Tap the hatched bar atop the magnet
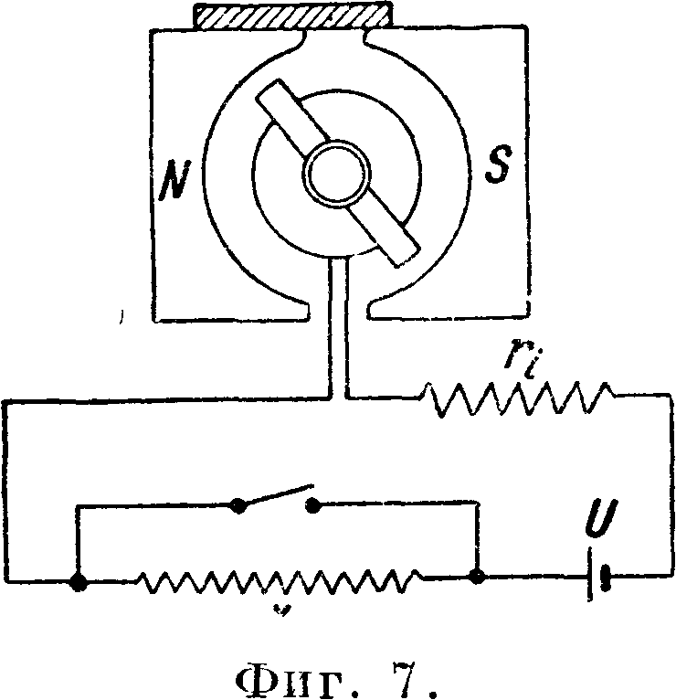coord(291,16)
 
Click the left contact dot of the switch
coord(239,504)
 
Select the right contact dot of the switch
coord(313,504)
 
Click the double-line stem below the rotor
coord(339,329)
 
